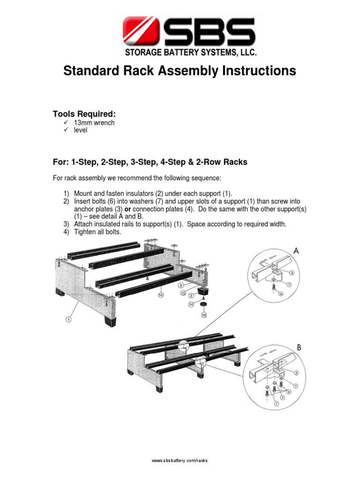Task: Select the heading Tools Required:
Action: tap(84, 114)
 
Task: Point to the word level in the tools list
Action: tap(81, 130)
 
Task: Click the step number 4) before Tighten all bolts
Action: tap(67, 232)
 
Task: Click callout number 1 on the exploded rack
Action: tap(68, 320)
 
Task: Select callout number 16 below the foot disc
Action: tap(204, 315)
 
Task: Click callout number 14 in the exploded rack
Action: tap(191, 305)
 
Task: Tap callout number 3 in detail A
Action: tap(292, 272)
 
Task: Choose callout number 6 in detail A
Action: tap(281, 293)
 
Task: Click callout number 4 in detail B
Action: tap(296, 373)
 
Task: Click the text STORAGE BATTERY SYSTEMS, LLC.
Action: tap(190, 53)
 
